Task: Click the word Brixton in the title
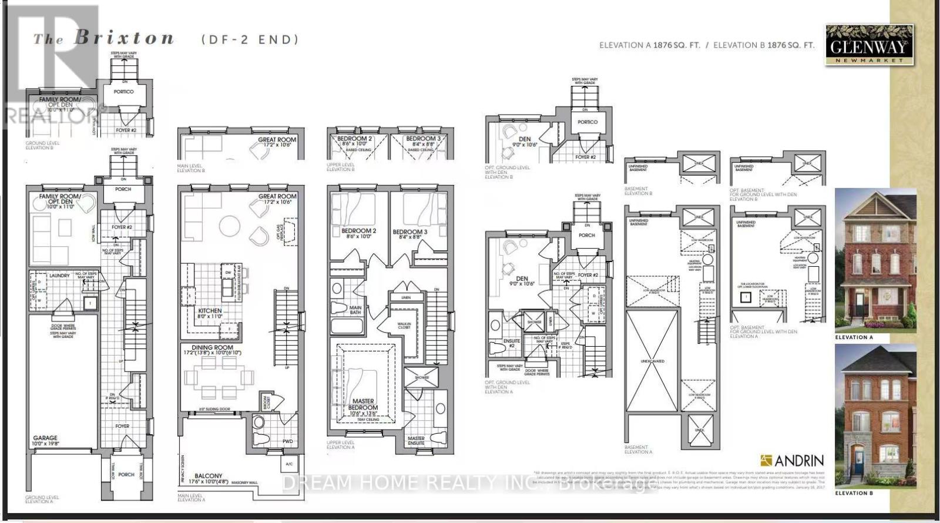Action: (124, 39)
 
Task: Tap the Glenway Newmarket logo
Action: (869, 45)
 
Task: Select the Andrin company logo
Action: (792, 460)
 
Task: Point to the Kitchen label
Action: (210, 311)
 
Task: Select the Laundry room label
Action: (59, 275)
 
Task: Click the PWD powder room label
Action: (287, 441)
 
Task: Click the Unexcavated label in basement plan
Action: (652, 361)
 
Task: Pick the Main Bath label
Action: (355, 310)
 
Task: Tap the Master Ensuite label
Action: (416, 440)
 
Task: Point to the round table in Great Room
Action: (230, 226)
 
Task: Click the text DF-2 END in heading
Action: (250, 39)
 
